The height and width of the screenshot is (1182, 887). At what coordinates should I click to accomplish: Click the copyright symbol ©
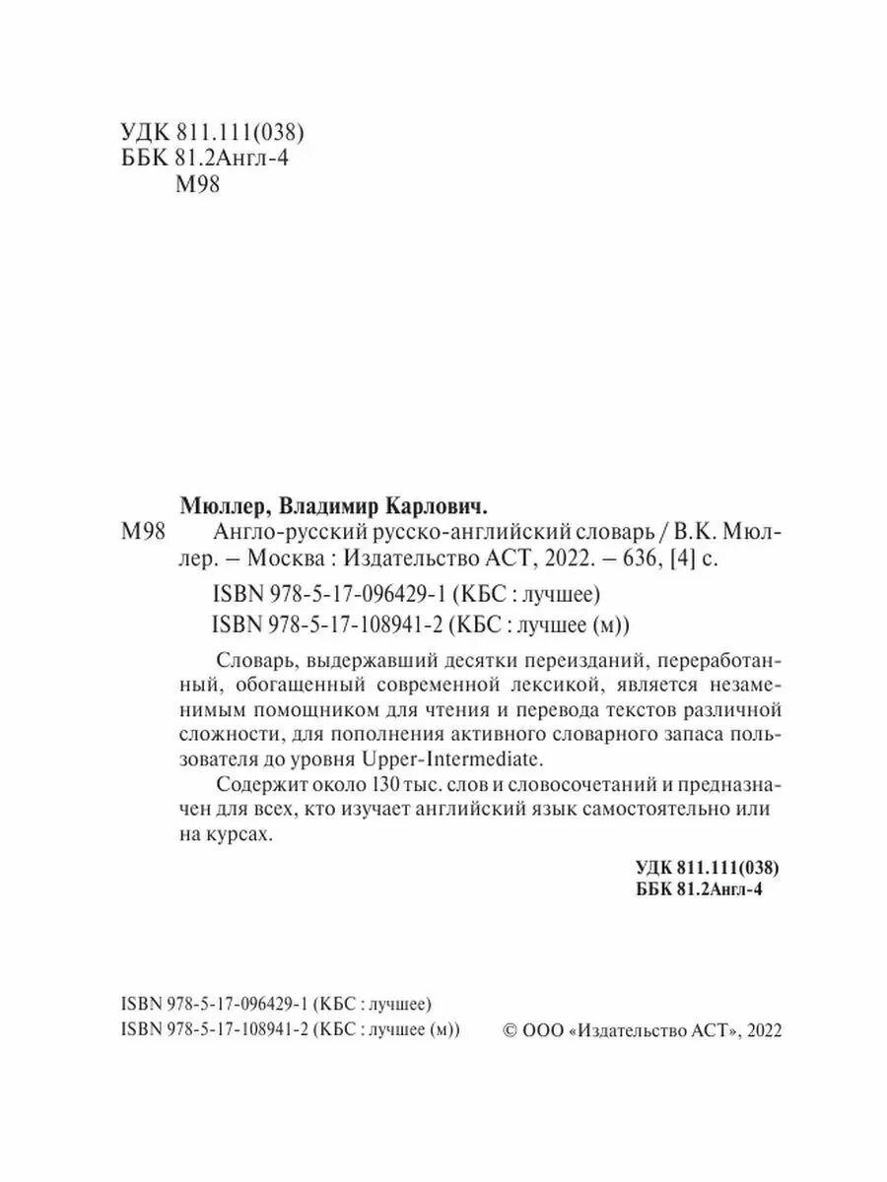click(x=510, y=1029)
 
